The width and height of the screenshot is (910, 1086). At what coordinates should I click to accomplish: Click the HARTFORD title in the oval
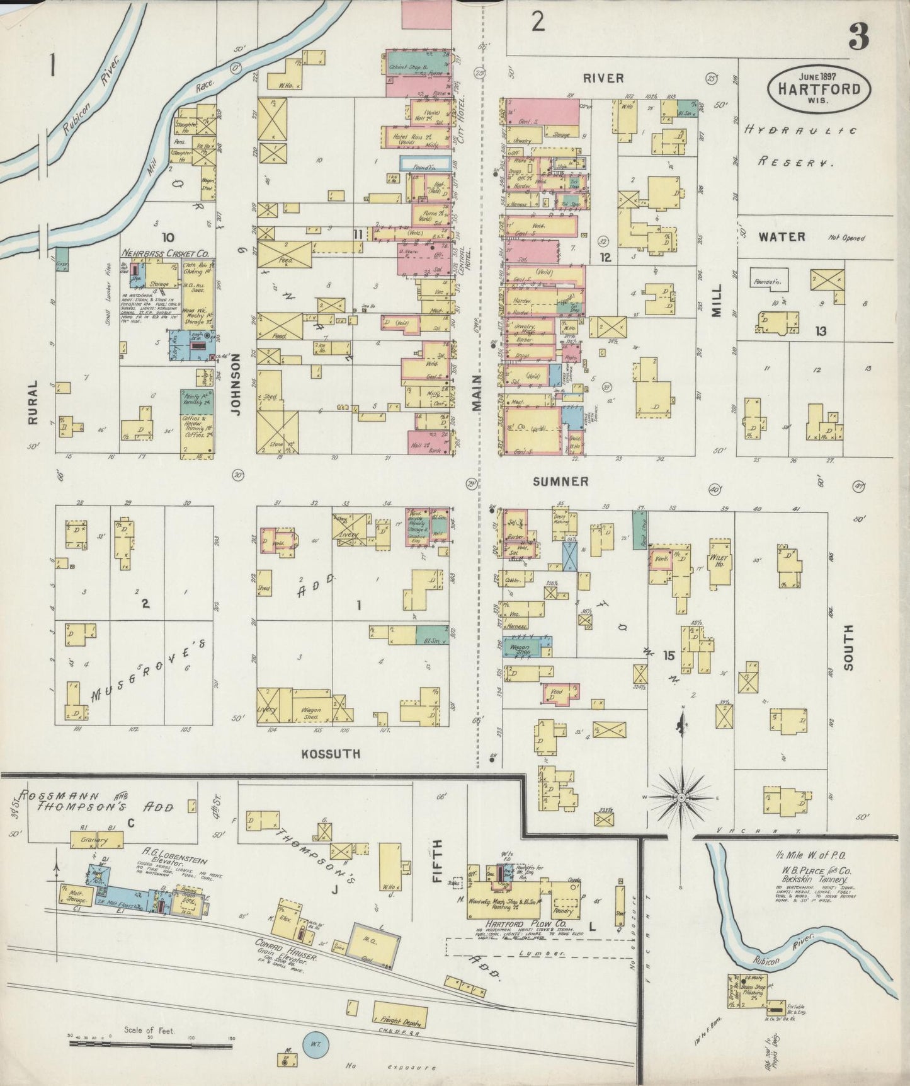(819, 88)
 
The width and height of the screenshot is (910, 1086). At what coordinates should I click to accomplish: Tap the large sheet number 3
(858, 37)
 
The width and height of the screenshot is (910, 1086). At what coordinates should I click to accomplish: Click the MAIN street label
(477, 393)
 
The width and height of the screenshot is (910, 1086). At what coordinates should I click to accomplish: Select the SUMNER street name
(560, 482)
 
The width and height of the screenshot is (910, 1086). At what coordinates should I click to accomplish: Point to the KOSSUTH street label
(331, 754)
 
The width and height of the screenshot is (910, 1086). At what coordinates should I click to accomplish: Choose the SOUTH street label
(848, 650)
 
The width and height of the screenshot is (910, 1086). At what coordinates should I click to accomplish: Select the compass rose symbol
(681, 798)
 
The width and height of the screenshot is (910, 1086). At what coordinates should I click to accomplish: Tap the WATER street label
(782, 237)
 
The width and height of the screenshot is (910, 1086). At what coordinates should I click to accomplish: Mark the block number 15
(669, 656)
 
